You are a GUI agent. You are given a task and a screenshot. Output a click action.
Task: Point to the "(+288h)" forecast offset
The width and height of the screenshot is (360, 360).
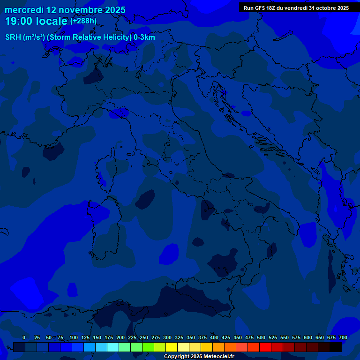83,21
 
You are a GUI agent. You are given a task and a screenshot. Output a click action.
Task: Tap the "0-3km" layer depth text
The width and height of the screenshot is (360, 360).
144,37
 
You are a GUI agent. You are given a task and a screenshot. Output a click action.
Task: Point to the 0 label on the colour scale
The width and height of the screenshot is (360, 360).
24,337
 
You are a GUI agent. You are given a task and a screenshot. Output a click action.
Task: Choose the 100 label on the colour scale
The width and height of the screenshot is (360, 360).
74,337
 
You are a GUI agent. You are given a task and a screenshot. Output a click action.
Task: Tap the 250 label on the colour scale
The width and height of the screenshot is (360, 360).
144,337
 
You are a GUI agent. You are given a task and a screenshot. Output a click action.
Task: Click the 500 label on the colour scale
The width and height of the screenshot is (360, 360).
261,337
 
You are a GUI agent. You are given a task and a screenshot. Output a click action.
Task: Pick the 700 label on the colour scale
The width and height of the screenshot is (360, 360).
343,337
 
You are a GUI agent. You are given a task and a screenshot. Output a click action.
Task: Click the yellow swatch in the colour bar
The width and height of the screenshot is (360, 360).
172,347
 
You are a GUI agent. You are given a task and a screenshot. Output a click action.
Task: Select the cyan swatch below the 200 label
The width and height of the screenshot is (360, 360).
113,347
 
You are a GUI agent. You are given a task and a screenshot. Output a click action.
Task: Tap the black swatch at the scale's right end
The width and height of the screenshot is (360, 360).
336,347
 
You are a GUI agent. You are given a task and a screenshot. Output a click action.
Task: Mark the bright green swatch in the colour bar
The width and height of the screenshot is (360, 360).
148,347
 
